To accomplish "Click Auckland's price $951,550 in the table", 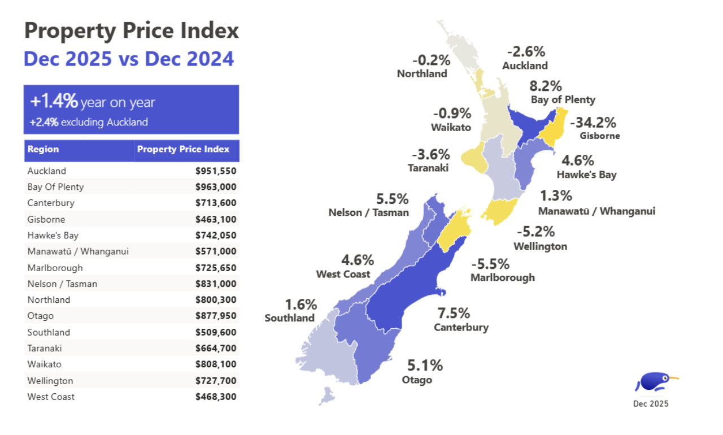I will point(216,171).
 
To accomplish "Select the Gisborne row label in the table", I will point(46,220).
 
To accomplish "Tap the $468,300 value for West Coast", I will point(216,397).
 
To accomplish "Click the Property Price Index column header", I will point(184,150).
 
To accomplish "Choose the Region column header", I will point(43,150).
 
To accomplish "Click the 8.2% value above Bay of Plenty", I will point(546,86).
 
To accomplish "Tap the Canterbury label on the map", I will point(461,328).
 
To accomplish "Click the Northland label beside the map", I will point(422,74).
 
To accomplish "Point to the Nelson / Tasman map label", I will point(368,213).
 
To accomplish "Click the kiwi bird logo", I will point(655,382).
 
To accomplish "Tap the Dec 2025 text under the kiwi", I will point(651,404).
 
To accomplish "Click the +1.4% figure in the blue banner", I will point(54,102).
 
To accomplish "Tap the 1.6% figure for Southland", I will point(301,305).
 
